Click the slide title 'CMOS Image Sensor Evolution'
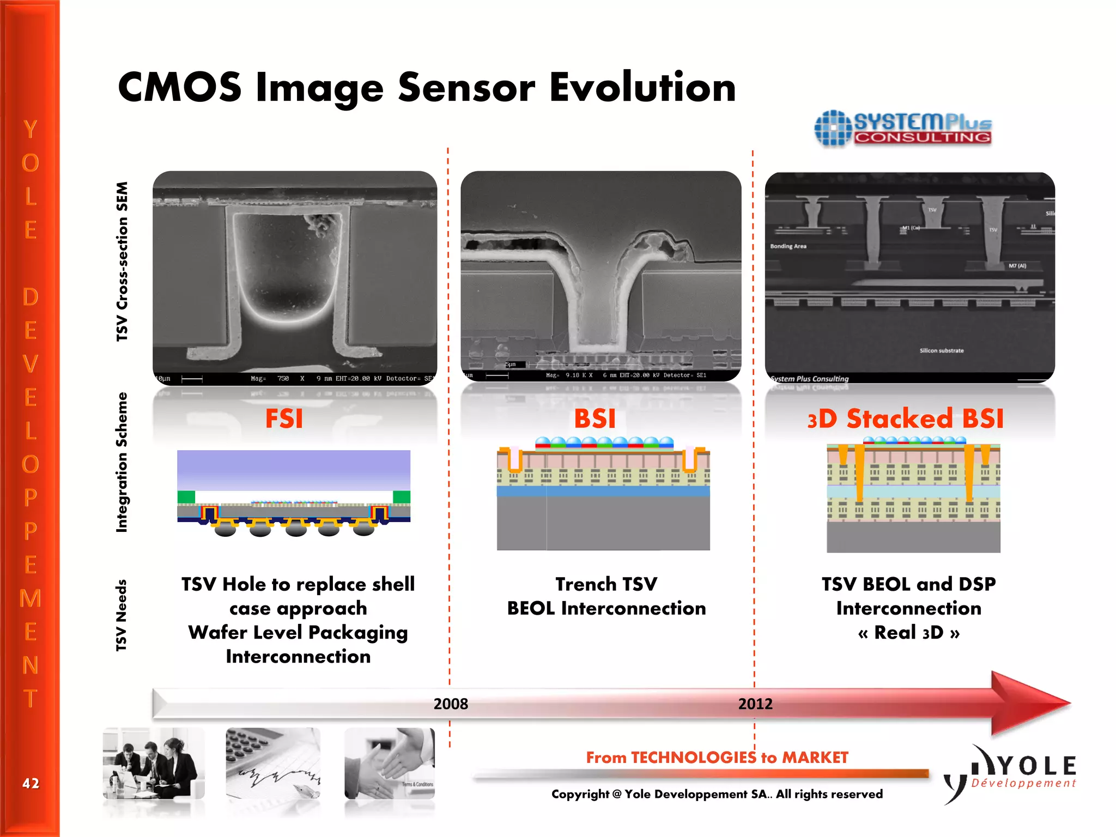tap(427, 88)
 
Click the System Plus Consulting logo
tap(902, 129)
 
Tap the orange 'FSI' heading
tap(284, 418)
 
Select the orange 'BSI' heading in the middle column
tap(595, 418)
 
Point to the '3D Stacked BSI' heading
tap(905, 418)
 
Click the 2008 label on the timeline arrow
tap(451, 703)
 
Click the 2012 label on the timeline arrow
tap(755, 703)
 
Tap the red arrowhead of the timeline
tap(1027, 703)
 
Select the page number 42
tap(31, 783)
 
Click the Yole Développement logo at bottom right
tap(1011, 774)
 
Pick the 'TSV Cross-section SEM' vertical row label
tap(122, 262)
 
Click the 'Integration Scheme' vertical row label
tap(122, 462)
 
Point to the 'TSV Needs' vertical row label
tap(122, 615)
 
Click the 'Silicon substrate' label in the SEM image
tap(941, 350)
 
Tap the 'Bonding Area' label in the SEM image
tap(788, 246)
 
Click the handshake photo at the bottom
tap(390, 763)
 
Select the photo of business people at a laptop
tap(154, 763)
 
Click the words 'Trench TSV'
tap(606, 584)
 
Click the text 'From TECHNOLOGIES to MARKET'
tap(717, 757)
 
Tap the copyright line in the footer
tap(717, 794)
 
